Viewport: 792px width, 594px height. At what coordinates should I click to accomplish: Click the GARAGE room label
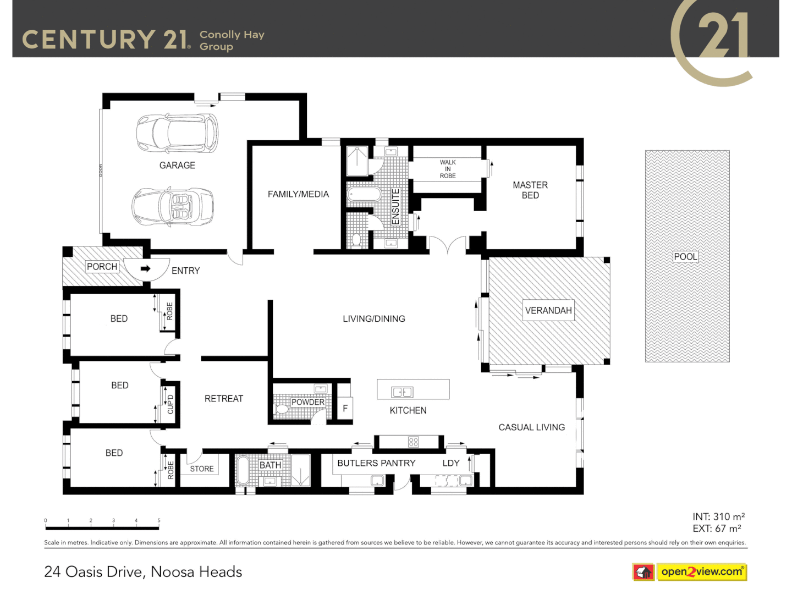tap(177, 165)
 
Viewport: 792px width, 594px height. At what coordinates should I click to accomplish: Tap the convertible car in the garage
tap(173, 207)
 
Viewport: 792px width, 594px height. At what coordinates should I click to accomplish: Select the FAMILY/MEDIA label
tap(298, 194)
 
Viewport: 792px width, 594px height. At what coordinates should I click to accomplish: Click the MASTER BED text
tap(530, 190)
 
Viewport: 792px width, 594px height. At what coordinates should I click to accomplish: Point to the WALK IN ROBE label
tap(448, 169)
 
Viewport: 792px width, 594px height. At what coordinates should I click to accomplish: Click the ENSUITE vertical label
tap(395, 206)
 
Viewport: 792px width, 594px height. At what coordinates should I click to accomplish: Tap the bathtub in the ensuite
tap(364, 194)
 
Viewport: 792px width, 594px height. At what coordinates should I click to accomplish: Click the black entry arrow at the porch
tap(145, 269)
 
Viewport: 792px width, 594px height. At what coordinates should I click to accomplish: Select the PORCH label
tap(102, 267)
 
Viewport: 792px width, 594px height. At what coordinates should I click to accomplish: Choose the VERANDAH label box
tap(548, 310)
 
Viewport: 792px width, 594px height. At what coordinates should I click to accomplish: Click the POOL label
tap(685, 256)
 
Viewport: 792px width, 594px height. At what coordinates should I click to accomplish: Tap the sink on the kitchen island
tap(402, 392)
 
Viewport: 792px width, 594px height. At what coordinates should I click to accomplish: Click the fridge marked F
tap(345, 408)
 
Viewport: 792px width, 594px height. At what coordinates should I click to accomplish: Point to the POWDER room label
tap(307, 402)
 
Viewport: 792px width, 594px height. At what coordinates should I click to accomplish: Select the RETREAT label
tap(224, 399)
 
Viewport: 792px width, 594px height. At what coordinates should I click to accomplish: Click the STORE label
tap(202, 469)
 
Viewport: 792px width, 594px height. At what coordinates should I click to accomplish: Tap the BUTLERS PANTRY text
tap(376, 463)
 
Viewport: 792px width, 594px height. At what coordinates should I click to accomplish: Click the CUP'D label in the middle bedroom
tap(170, 404)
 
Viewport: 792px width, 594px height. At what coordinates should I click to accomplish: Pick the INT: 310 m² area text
tap(718, 516)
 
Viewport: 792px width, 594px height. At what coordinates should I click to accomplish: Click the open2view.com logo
tap(701, 572)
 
